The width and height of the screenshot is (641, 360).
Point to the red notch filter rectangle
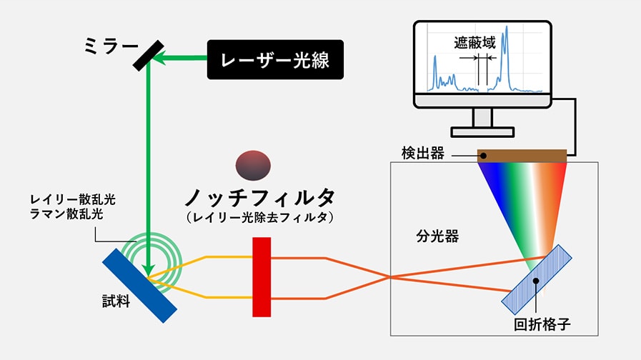pyautogui.click(x=262, y=276)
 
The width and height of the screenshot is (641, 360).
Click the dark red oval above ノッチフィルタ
pyautogui.click(x=254, y=165)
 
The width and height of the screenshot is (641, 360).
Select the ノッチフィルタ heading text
pyautogui.click(x=260, y=197)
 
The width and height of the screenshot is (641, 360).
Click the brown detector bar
pyautogui.click(x=523, y=155)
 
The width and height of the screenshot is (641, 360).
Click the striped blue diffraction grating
pyautogui.click(x=537, y=280)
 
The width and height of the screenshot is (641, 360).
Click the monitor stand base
pyautogui.click(x=482, y=131)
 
